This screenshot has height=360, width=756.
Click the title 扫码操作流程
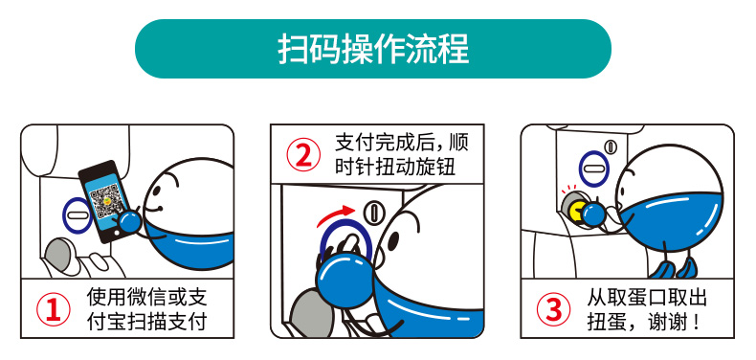[373, 49]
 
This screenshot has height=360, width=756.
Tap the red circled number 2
[303, 154]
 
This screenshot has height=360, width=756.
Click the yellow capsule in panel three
[576, 211]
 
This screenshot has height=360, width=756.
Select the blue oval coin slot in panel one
[78, 214]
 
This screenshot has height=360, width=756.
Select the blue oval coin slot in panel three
[593, 169]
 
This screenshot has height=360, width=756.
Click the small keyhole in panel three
[611, 146]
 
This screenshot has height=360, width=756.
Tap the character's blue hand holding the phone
[129, 222]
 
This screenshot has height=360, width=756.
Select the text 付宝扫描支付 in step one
[146, 322]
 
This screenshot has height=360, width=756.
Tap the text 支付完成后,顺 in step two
[402, 143]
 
